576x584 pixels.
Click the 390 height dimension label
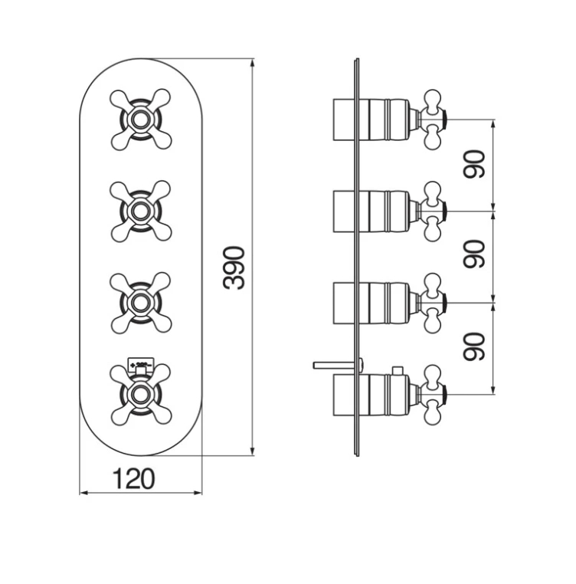pyautogui.click(x=235, y=267)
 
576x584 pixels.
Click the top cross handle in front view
pyautogui.click(x=140, y=119)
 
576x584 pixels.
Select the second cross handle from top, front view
pyautogui.click(x=140, y=211)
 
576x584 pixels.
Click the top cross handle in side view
pyautogui.click(x=433, y=119)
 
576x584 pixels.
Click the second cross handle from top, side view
pyautogui.click(x=433, y=210)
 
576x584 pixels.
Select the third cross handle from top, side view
pyautogui.click(x=433, y=302)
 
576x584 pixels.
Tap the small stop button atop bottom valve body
pyautogui.click(x=396, y=372)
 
